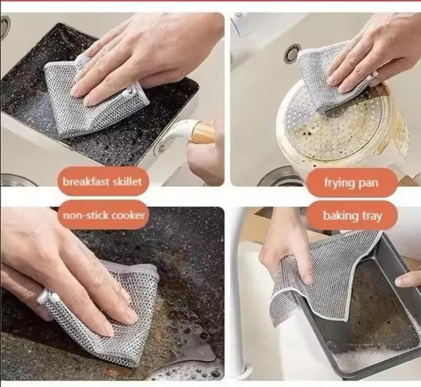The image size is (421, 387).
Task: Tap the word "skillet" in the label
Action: pos(126,181)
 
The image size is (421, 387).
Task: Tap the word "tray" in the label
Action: pos(372,216)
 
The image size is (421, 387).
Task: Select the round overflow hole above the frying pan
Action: pos(292,54)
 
